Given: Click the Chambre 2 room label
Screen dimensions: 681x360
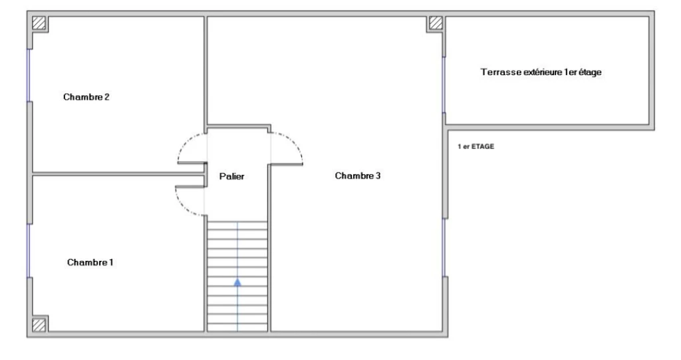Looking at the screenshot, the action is click(x=86, y=97).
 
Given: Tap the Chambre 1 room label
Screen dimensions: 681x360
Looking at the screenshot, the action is click(x=90, y=262).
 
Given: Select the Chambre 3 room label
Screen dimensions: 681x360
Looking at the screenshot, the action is click(x=357, y=176).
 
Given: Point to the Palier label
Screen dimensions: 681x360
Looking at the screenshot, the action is click(x=231, y=176).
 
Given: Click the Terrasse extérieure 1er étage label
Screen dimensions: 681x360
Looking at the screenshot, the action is click(x=541, y=72).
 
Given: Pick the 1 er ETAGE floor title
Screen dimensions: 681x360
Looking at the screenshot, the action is click(x=476, y=146).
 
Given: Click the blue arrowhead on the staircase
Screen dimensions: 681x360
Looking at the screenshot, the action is click(x=237, y=282).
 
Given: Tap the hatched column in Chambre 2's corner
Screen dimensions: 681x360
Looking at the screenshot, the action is click(x=39, y=23).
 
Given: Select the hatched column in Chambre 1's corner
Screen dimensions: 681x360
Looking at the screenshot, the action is click(x=39, y=325).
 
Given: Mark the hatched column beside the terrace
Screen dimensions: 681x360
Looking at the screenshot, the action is click(x=436, y=23).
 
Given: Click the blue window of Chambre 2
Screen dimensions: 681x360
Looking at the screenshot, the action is click(x=29, y=75).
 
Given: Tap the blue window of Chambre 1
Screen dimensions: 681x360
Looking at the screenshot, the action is click(x=29, y=250).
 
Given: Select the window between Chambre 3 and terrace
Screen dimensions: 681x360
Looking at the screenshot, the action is click(x=444, y=85).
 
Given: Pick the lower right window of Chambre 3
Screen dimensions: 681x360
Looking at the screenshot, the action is click(x=444, y=248).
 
